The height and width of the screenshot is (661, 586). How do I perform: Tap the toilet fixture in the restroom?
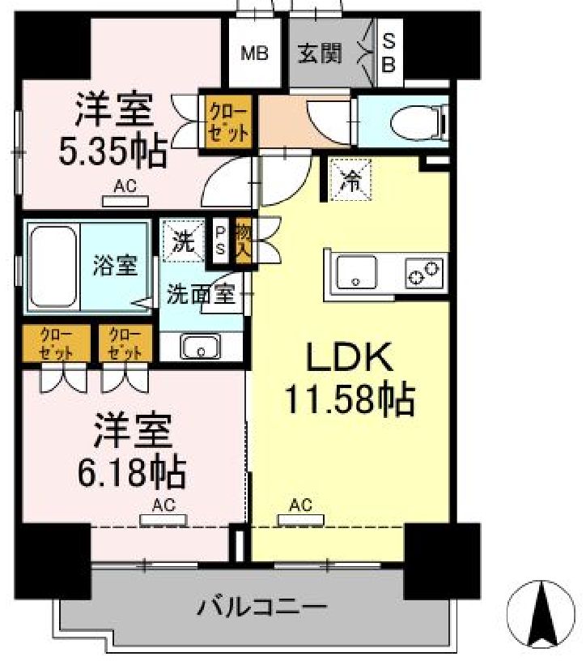point(418,123)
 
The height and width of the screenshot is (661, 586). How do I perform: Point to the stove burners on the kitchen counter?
point(425,271)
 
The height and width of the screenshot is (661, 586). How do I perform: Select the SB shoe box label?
point(389,53)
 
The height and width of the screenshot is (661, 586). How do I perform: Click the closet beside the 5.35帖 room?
point(227,119)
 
